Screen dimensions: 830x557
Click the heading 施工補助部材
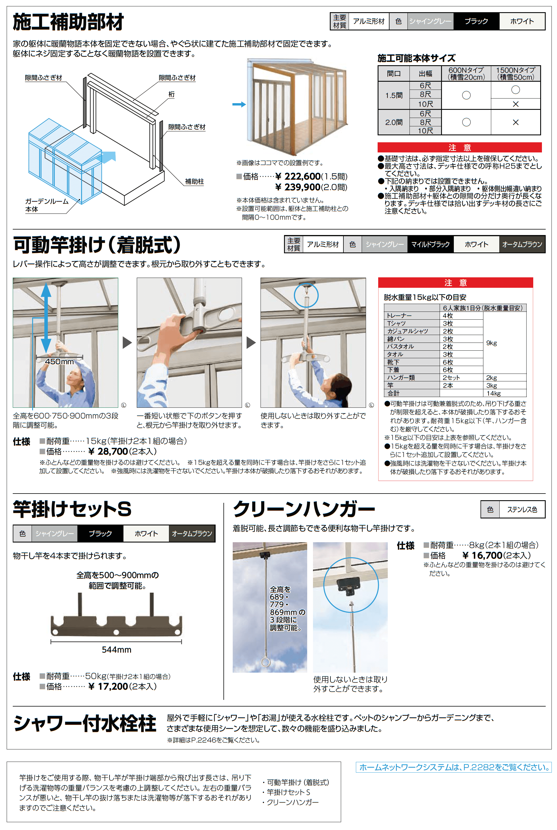[68, 22]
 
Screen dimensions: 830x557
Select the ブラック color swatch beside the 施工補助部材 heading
[476, 21]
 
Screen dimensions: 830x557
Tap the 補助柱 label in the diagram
[194, 181]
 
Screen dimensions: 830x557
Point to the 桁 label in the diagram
[172, 94]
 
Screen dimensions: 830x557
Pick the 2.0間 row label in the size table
[394, 122]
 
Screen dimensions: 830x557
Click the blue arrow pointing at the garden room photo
[239, 104]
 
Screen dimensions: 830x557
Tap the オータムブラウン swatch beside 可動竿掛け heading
[522, 244]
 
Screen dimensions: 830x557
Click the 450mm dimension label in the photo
[59, 362]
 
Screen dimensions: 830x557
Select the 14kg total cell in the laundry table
[494, 393]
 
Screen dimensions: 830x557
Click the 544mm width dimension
[117, 649]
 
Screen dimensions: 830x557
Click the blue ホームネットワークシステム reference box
[454, 767]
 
